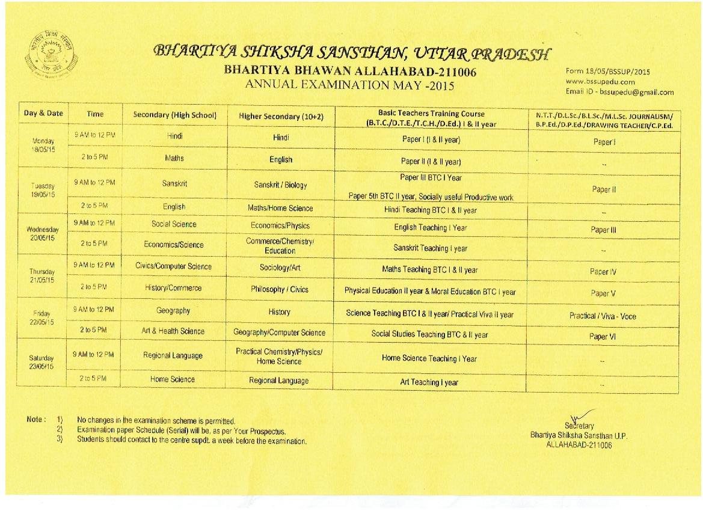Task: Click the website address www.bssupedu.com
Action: pyautogui.click(x=600, y=82)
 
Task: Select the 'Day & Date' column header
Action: pyautogui.click(x=43, y=113)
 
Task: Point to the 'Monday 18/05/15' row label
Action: pyautogui.click(x=43, y=144)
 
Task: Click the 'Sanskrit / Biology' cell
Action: pyautogui.click(x=280, y=185)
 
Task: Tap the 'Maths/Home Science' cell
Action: pyautogui.click(x=280, y=208)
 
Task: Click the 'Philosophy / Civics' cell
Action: pyautogui.click(x=280, y=289)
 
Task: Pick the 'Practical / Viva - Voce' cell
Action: pyautogui.click(x=603, y=316)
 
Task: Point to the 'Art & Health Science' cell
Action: pyautogui.click(x=173, y=331)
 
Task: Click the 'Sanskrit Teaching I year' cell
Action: pyautogui.click(x=430, y=248)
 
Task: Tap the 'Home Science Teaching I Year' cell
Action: pyautogui.click(x=429, y=358)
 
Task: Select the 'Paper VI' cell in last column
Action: pyautogui.click(x=603, y=337)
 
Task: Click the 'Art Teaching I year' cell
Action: pyautogui.click(x=429, y=382)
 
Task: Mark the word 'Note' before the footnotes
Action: pyautogui.click(x=35, y=419)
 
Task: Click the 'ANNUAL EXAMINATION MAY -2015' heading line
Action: pyautogui.click(x=349, y=85)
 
